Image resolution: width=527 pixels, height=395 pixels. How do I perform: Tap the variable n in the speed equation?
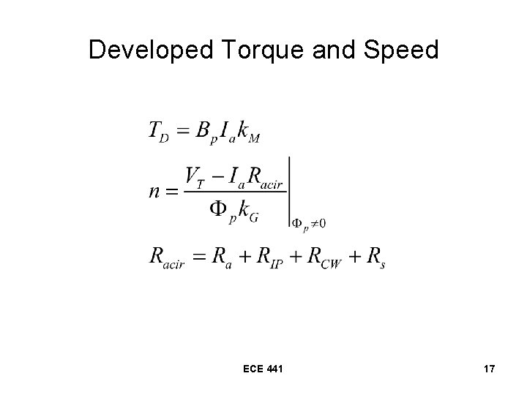tap(156, 191)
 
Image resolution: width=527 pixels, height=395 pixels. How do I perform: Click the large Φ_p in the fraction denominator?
tap(223, 210)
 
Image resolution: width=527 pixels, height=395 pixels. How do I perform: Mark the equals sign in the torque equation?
tap(184, 129)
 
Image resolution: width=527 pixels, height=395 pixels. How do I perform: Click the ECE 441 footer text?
tap(263, 370)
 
